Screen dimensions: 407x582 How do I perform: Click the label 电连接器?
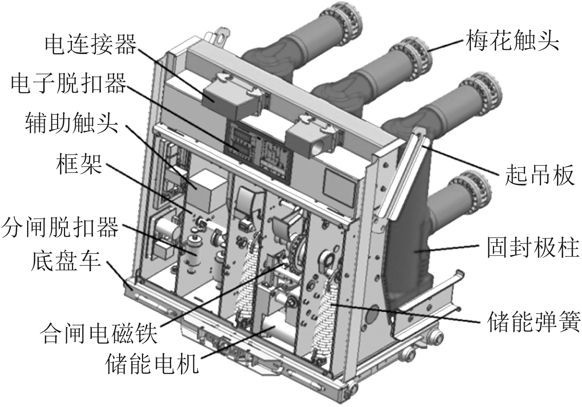pyautogui.click(x=90, y=45)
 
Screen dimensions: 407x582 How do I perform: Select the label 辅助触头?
pyautogui.click(x=72, y=122)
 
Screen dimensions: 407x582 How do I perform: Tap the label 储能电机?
pyautogui.click(x=152, y=364)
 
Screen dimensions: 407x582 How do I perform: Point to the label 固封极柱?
pyautogui.click(x=533, y=248)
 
